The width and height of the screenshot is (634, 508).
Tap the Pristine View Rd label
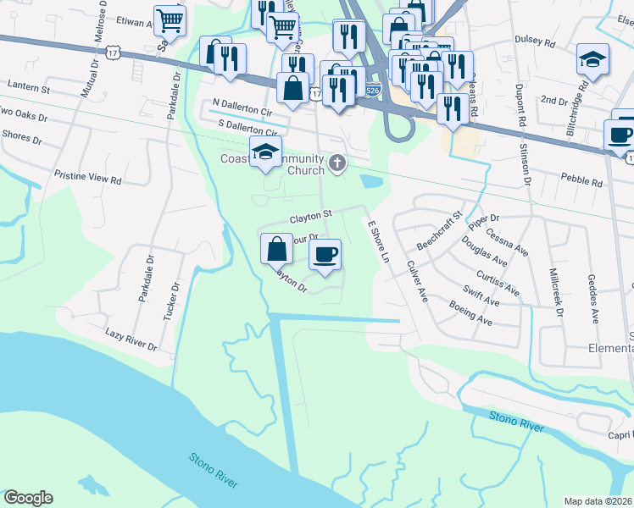click(x=88, y=180)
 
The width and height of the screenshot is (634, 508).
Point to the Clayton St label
click(x=310, y=218)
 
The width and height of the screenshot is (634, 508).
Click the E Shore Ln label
click(x=377, y=241)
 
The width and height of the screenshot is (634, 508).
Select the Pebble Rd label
click(x=581, y=181)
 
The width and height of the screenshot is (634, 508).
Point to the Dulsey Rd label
click(x=533, y=40)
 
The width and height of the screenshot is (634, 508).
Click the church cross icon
click(x=338, y=163)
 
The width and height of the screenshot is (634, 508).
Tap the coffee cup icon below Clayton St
click(x=324, y=253)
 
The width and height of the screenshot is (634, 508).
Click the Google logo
click(x=28, y=498)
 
